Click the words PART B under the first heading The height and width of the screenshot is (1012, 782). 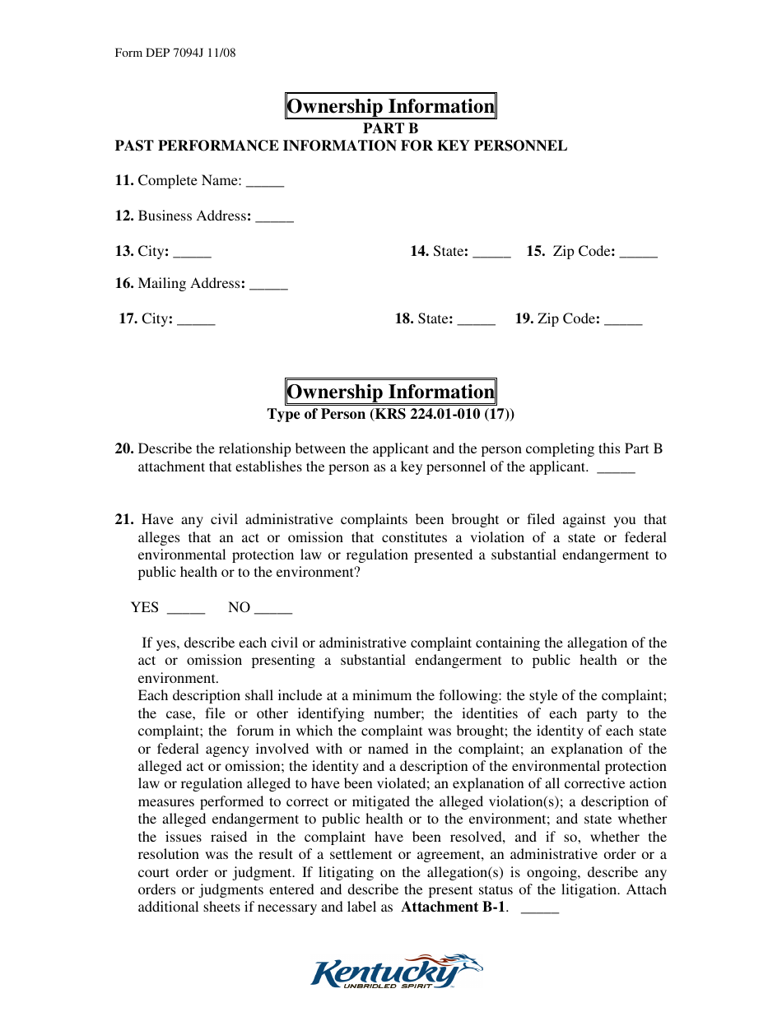pos(391,128)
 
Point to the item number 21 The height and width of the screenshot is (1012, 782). pos(124,520)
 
